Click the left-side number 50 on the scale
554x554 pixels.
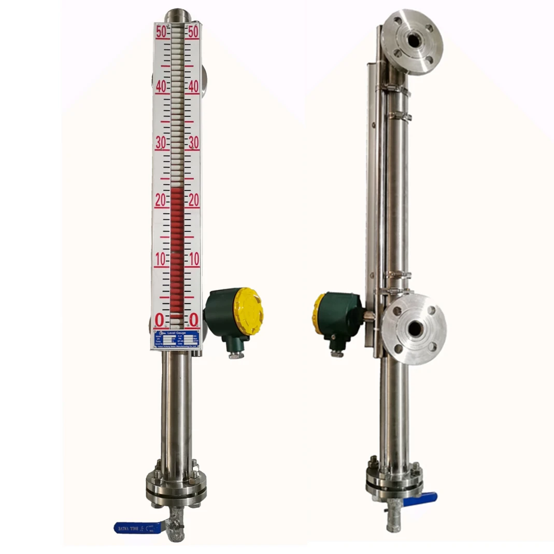click(161, 31)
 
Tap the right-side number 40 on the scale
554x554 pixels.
click(193, 87)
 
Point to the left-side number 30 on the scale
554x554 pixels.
click(161, 143)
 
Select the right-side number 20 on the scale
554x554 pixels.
click(193, 201)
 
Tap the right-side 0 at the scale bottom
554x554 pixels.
click(193, 319)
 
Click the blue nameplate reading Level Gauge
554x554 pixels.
click(176, 339)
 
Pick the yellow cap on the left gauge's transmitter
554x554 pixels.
click(248, 311)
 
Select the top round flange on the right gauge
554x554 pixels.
click(412, 41)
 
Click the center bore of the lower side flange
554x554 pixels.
click(415, 328)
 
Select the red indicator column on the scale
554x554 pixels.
click(177, 249)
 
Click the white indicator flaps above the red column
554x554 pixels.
click(177, 104)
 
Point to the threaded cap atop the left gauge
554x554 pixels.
click(177, 16)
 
